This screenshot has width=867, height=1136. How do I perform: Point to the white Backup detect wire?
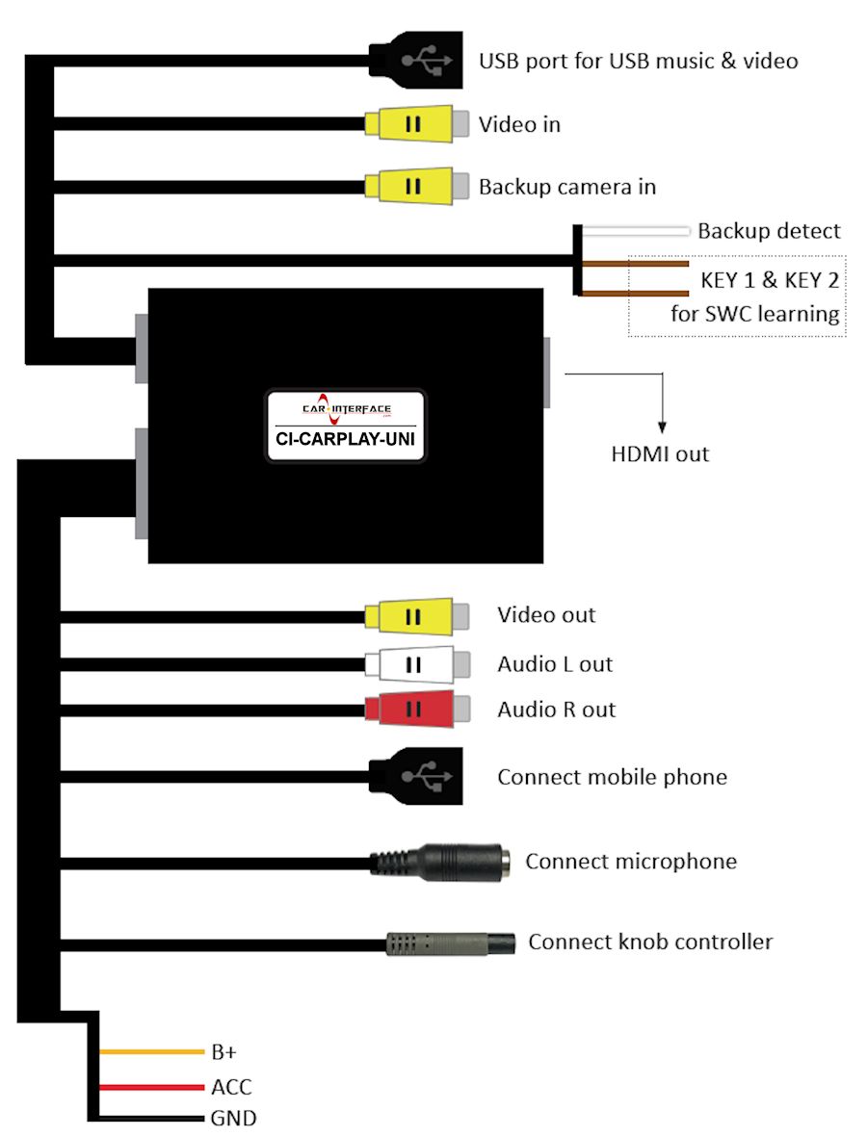(x=636, y=231)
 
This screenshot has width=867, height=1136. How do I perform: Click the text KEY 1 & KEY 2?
(x=769, y=281)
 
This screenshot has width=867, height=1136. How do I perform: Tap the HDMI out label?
(x=660, y=453)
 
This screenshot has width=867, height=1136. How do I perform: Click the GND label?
(x=233, y=1119)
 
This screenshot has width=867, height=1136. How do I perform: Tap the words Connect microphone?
(x=630, y=861)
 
